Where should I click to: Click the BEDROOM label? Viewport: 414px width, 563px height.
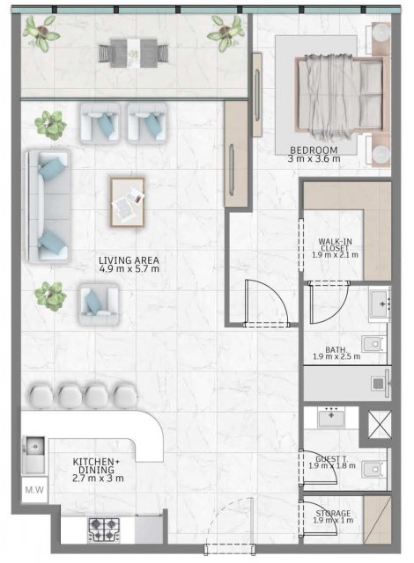(314, 150)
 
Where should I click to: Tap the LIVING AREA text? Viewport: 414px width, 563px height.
(129, 260)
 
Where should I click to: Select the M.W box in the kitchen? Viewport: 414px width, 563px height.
(34, 490)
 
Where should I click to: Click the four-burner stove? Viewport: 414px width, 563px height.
(104, 530)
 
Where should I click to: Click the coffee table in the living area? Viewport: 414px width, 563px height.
(127, 202)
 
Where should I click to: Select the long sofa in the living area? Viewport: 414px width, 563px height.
(48, 207)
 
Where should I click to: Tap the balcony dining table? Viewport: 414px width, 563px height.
(134, 53)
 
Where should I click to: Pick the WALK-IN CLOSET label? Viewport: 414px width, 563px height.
(336, 245)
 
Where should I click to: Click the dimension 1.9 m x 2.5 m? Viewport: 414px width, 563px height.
(336, 356)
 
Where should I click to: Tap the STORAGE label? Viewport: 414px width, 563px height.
(333, 514)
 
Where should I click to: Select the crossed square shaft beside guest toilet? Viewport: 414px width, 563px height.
(380, 425)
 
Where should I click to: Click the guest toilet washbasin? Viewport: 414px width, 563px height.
(331, 417)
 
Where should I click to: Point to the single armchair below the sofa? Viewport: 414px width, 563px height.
(99, 304)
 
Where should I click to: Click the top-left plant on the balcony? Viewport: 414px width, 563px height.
(41, 33)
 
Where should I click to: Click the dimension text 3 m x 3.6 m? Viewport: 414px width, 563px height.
(314, 158)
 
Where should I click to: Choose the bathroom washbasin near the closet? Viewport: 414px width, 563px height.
(380, 304)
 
